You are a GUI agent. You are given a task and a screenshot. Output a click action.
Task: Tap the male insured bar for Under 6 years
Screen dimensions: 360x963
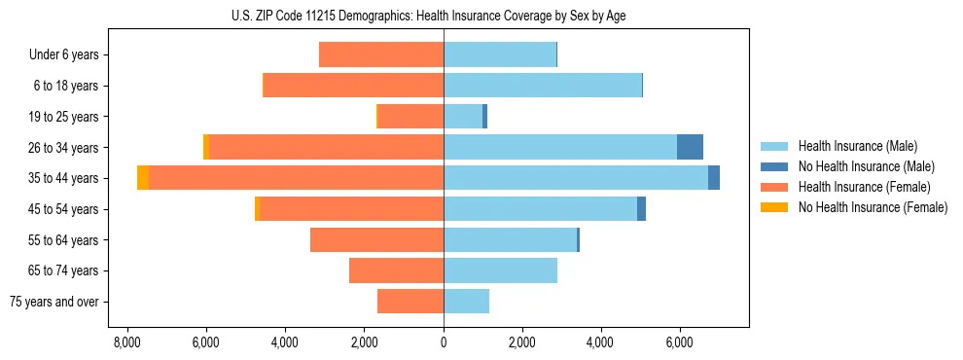pos(500,54)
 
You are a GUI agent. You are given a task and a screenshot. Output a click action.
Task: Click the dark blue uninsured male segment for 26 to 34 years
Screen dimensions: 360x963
pos(690,147)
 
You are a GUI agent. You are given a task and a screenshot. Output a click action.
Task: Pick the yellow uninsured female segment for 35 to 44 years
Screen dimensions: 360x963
pos(143,178)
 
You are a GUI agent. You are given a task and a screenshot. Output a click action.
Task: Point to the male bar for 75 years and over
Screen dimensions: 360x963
pos(466,302)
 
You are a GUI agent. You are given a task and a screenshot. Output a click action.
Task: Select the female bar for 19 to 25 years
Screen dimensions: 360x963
pos(410,117)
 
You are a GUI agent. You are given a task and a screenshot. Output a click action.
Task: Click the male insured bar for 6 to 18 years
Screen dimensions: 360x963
pos(543,86)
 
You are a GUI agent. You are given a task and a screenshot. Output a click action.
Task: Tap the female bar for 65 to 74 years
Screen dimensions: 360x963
pos(396,270)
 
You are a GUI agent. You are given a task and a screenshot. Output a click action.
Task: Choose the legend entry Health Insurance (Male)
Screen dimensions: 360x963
pos(857,146)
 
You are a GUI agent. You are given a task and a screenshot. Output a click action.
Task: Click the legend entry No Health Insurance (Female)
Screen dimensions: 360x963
pos(873,207)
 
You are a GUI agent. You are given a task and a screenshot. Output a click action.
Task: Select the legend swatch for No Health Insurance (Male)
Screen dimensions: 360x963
pos(773,166)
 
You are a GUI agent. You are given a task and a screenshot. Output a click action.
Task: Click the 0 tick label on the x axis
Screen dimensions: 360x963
pos(444,342)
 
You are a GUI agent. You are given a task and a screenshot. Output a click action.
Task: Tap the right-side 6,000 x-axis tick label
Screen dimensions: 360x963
pos(679,342)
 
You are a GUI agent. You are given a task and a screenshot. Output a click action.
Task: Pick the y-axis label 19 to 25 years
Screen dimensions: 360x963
pos(63,117)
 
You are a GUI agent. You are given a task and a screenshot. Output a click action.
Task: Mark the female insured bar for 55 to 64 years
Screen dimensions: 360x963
pos(376,239)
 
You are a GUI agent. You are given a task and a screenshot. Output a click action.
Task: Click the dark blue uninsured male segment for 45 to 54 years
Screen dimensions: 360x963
pos(641,209)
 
